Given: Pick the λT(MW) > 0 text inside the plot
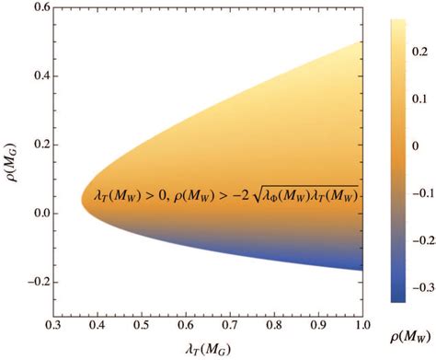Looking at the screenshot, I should (x=128, y=195).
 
